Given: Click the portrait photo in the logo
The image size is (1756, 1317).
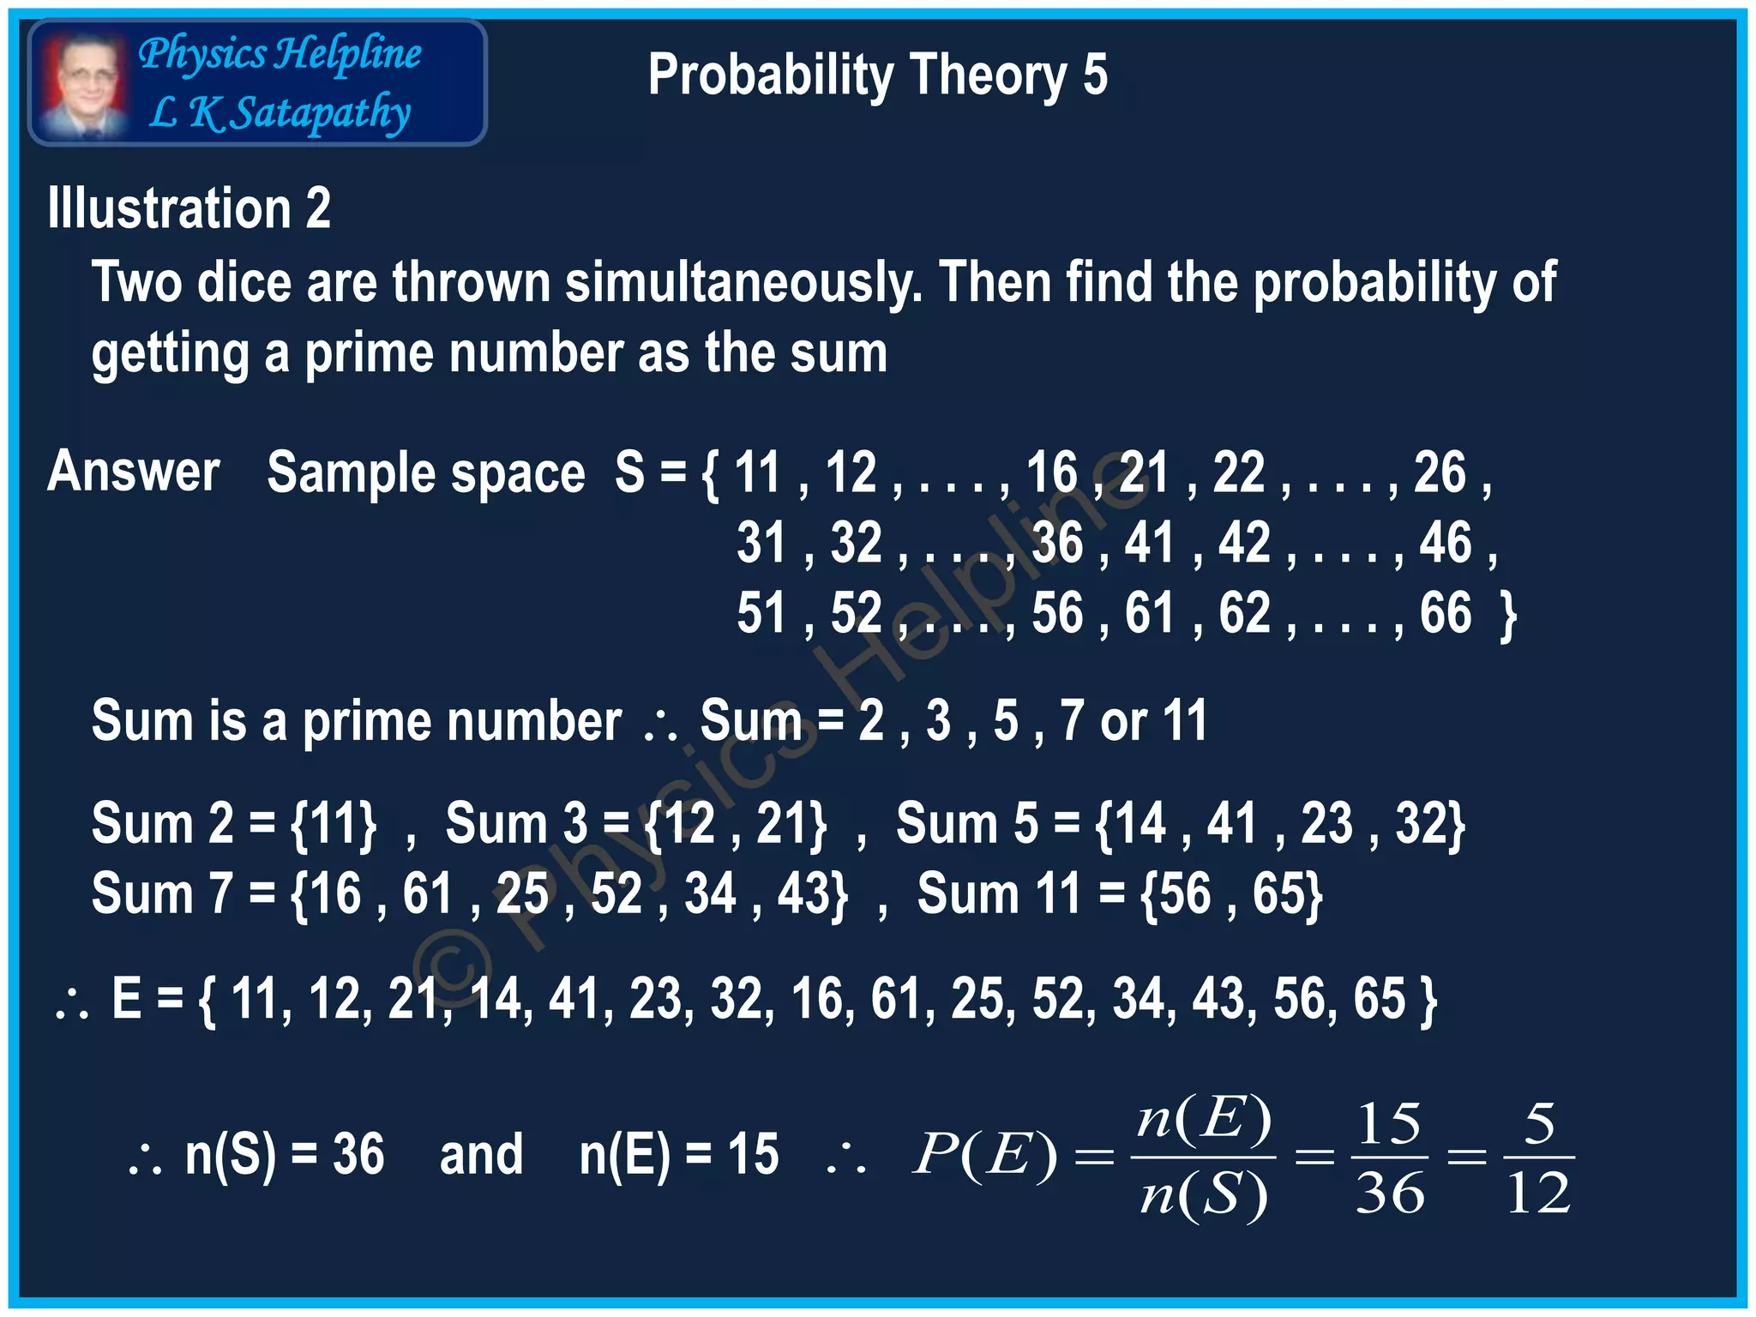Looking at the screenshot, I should [x=84, y=84].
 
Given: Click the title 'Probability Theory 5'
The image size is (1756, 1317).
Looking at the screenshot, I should [x=877, y=75].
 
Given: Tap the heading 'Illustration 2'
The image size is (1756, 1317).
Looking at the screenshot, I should [x=189, y=208].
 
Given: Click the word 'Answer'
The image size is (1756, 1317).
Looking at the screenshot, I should [x=134, y=472].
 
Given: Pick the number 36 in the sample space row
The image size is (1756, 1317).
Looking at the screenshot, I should [x=1056, y=543].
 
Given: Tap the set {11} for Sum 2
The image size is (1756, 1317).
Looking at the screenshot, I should [x=333, y=825].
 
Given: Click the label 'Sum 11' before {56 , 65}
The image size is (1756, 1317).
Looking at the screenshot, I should [x=998, y=894].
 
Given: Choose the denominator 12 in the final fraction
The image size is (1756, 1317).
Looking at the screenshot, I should [x=1538, y=1193].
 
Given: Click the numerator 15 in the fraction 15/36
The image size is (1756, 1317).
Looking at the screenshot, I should [x=1389, y=1123].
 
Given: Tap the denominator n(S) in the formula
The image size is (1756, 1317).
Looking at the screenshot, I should [x=1203, y=1194].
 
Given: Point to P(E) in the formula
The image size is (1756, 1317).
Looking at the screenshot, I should [x=984, y=1155].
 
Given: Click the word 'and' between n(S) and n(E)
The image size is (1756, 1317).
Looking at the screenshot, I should [x=481, y=1155].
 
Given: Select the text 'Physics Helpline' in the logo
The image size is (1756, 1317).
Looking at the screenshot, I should [x=280, y=54].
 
